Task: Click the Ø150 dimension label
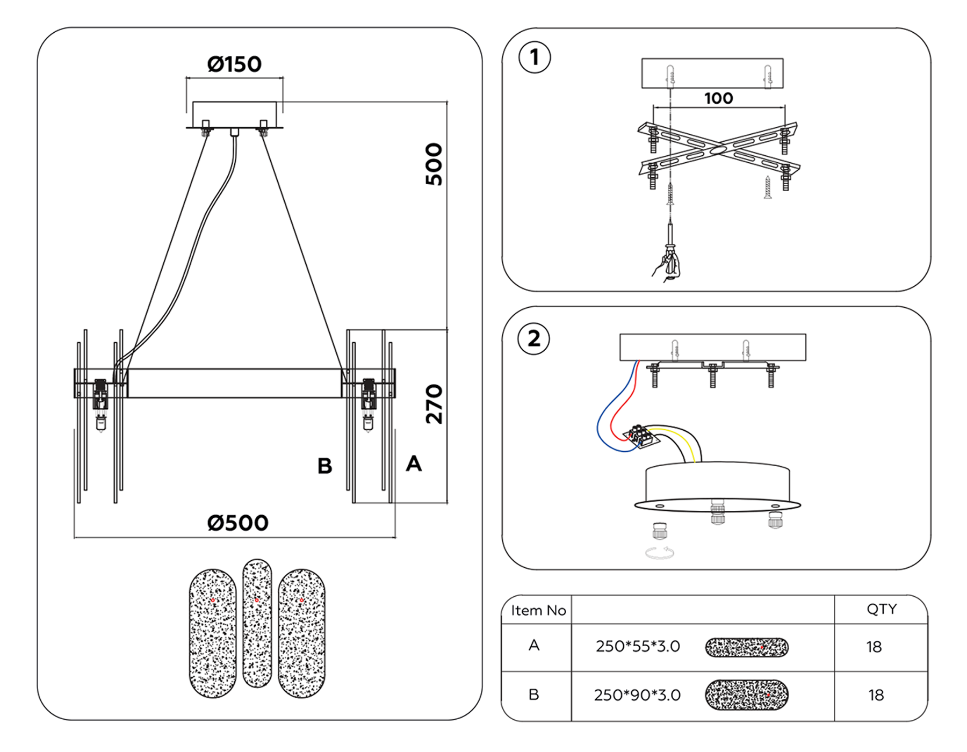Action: tap(234, 64)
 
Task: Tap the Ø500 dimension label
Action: tap(237, 523)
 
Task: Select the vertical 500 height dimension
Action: tap(434, 164)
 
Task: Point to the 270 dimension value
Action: tap(434, 404)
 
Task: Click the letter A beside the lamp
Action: tap(414, 464)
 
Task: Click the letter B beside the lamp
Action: tap(324, 466)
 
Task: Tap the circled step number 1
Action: tap(534, 57)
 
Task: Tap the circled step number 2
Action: tap(533, 339)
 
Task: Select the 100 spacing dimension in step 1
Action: tap(718, 98)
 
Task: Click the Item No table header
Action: tap(538, 610)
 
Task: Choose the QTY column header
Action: tap(881, 609)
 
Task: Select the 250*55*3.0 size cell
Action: tap(638, 646)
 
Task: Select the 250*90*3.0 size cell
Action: tap(637, 695)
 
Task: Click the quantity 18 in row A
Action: tap(874, 647)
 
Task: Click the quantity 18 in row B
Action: tap(876, 695)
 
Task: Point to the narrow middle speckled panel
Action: tap(257, 623)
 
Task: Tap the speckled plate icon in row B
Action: tap(747, 695)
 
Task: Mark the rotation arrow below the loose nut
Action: tap(660, 553)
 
